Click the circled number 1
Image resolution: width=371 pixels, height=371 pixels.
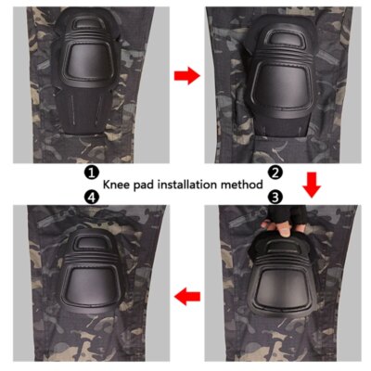[x=91, y=173]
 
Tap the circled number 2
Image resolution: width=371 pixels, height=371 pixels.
[x=275, y=173]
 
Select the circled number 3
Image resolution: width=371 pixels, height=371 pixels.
[x=275, y=197]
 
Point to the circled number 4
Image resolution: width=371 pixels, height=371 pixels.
[x=91, y=197]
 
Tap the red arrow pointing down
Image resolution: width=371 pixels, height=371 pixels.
[x=313, y=188]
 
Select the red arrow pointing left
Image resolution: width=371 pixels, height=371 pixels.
[x=187, y=297]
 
